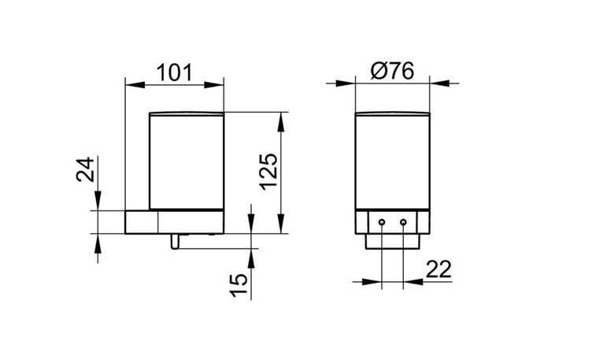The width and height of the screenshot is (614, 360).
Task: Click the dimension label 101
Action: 174,72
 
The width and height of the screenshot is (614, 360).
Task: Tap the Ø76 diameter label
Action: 392,72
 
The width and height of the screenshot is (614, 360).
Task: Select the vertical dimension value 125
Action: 269,172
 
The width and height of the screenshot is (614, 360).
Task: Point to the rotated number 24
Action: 85,169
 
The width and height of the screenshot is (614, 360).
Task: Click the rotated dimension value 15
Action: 239,285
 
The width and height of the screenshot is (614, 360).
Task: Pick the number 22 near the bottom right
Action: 438,269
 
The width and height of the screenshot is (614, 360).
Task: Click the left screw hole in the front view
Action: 382,222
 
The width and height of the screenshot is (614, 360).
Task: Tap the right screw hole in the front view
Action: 403,222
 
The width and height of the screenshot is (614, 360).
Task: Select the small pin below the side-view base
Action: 175,241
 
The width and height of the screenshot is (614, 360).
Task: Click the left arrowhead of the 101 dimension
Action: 135,84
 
